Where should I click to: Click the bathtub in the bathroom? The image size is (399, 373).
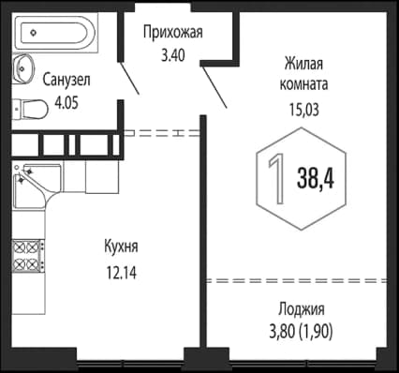(x=55, y=36)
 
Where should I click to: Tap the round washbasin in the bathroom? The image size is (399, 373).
(x=23, y=70)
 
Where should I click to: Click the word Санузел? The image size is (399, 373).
(x=67, y=79)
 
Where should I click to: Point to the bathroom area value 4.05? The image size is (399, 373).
(x=67, y=97)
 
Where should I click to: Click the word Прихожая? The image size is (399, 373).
(x=173, y=35)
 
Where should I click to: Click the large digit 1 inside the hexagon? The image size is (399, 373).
(x=276, y=175)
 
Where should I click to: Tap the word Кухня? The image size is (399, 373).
(x=121, y=246)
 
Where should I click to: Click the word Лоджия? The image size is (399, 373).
(x=302, y=309)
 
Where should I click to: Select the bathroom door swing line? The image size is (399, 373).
(x=131, y=80)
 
